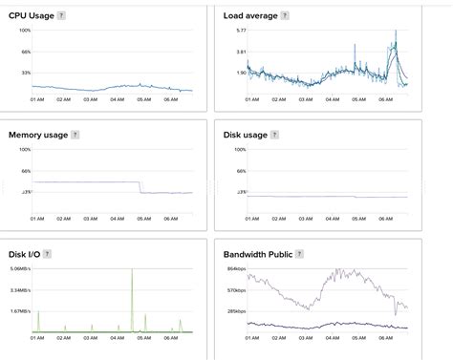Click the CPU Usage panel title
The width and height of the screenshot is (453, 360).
(x=31, y=16)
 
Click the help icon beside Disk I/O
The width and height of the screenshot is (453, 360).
(x=47, y=254)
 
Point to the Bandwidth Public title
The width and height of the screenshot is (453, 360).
(x=256, y=254)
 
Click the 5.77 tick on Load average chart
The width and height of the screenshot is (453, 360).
(x=242, y=31)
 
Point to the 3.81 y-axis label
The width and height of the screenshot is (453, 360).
(x=242, y=52)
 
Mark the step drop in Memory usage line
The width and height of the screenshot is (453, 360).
(x=140, y=187)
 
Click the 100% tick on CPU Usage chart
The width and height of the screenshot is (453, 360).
(x=26, y=31)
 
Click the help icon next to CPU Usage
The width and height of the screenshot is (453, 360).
(x=61, y=16)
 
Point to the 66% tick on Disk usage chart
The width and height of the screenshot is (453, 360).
(x=242, y=171)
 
